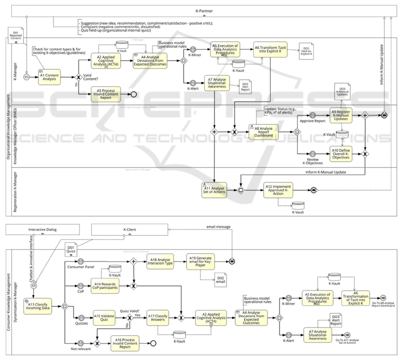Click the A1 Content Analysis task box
click(x=49, y=77)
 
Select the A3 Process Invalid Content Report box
click(x=105, y=94)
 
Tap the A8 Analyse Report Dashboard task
click(x=264, y=132)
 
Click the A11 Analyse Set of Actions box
click(x=214, y=189)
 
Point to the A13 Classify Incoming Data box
click(x=37, y=306)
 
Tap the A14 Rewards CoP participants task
click(x=105, y=285)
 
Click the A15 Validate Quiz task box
click(x=104, y=317)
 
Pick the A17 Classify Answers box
click(x=158, y=317)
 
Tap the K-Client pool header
click(x=130, y=230)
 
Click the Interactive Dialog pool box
click(x=42, y=230)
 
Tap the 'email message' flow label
click(x=219, y=227)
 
